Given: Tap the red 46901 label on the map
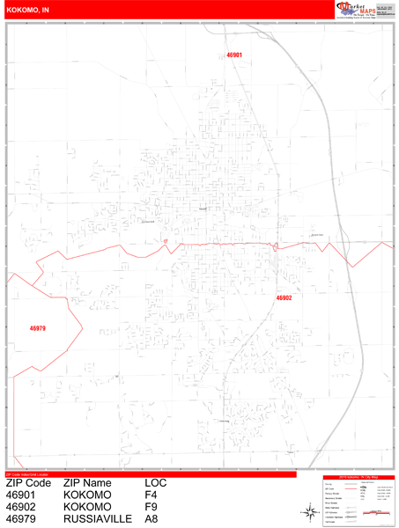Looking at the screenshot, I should pos(234,55).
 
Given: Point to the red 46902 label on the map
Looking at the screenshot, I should pos(284,297).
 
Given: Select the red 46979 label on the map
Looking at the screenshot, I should pos(37,328).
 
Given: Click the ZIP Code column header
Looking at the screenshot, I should pos(27,483).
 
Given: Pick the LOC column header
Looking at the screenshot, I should pos(156,483).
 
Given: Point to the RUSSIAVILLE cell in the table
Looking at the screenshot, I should pos(98,520).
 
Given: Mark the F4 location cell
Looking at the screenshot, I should pos(151,495).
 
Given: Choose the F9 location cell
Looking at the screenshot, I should pos(151,508).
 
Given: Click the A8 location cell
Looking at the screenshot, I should pos(151,520).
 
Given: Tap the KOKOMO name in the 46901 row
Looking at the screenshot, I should pos(87,495).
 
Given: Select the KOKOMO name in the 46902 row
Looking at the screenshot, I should pos(87,508).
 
